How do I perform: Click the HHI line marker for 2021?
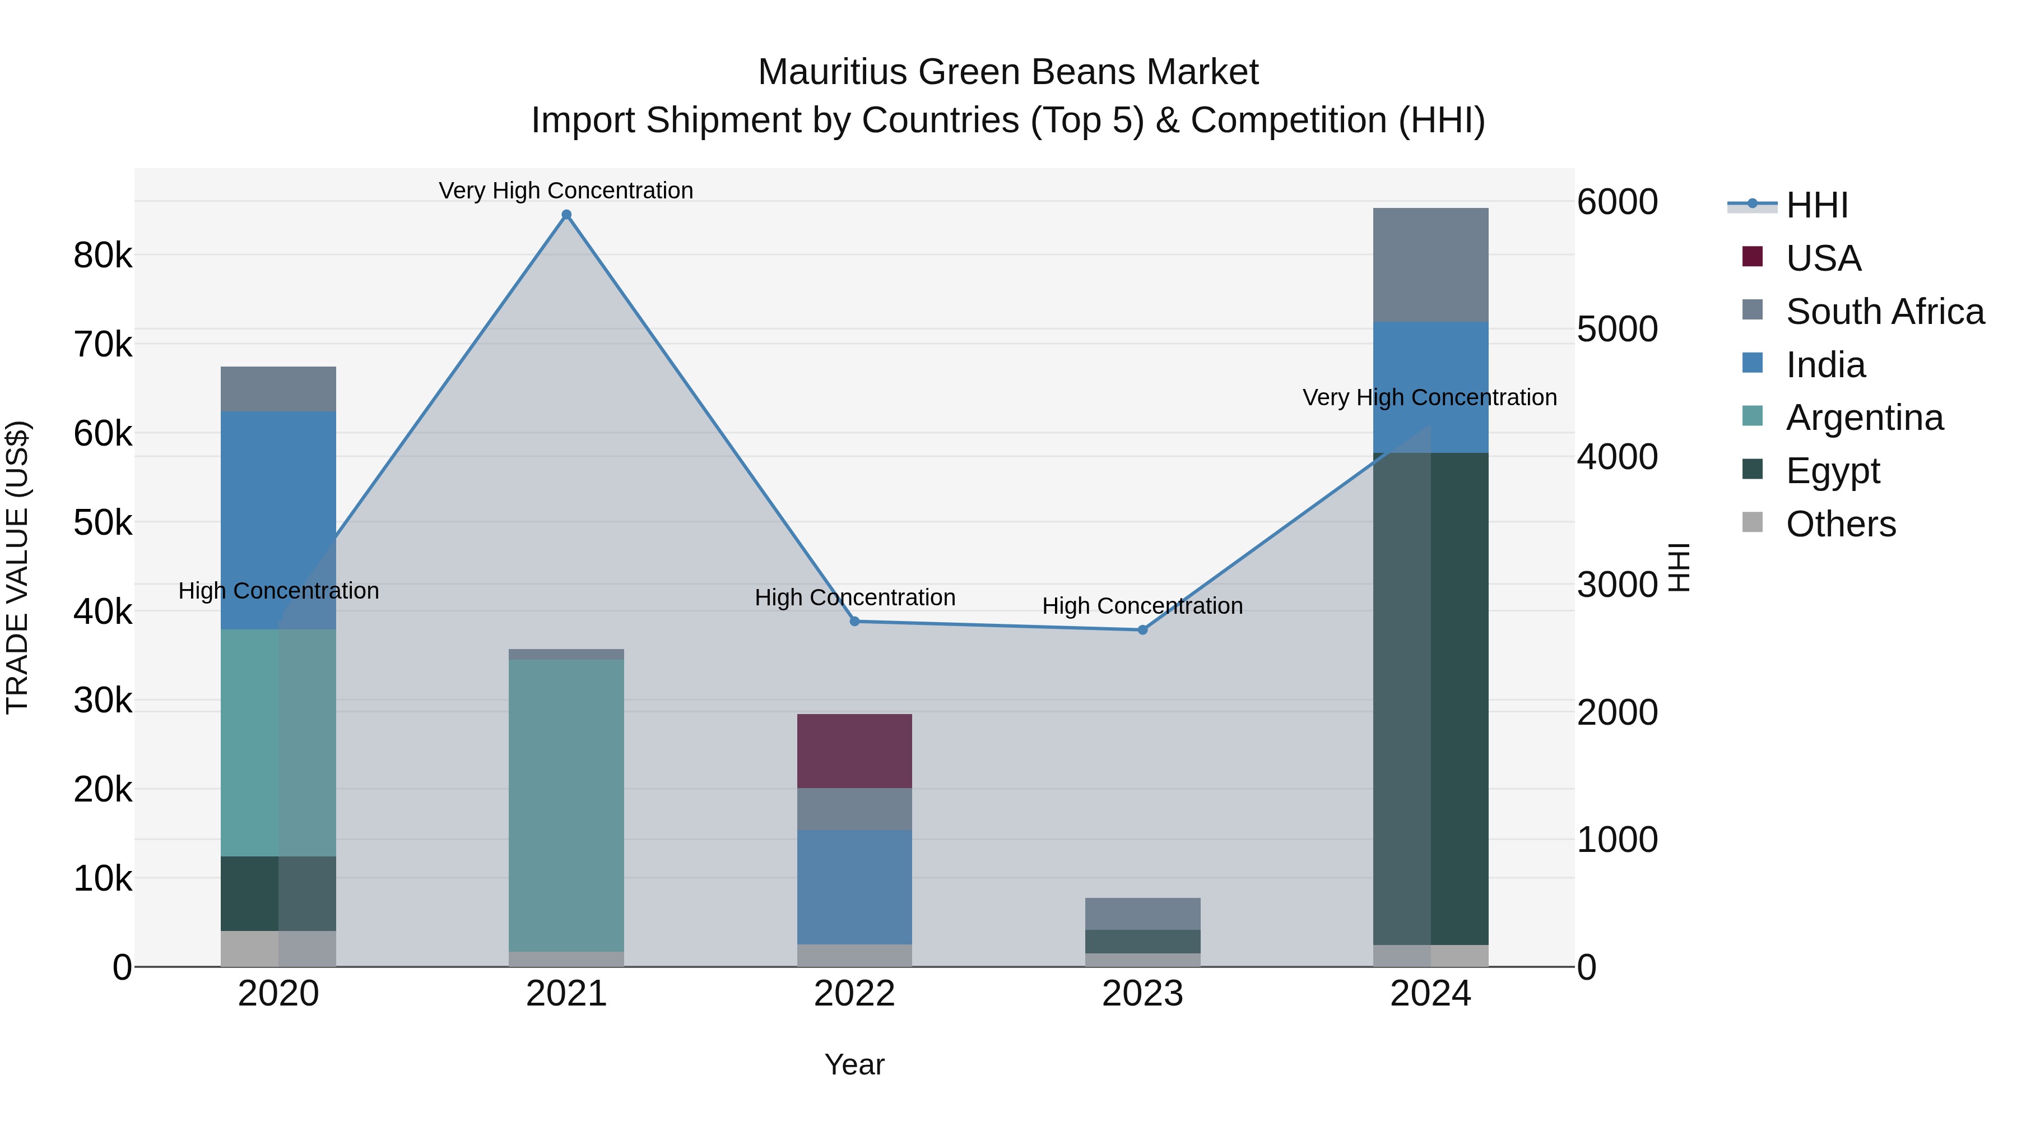pyautogui.click(x=566, y=215)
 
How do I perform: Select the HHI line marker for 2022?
pyautogui.click(x=854, y=621)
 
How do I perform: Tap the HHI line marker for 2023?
pyautogui.click(x=1142, y=630)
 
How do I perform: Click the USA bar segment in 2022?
pyautogui.click(x=854, y=751)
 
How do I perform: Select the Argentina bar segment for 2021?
pyautogui.click(x=566, y=805)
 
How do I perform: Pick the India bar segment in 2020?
pyautogui.click(x=278, y=520)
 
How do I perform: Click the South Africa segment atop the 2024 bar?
pyautogui.click(x=1430, y=265)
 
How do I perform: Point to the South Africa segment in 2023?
pyautogui.click(x=1142, y=914)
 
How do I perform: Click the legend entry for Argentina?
pyautogui.click(x=1863, y=418)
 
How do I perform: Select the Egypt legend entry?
pyautogui.click(x=1832, y=471)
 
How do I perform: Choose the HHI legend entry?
pyautogui.click(x=1816, y=205)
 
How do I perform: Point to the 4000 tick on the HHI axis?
pyautogui.click(x=1617, y=457)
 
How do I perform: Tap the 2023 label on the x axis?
pyautogui.click(x=1142, y=994)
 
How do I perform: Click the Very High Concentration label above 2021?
pyautogui.click(x=565, y=191)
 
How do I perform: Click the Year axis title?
pyautogui.click(x=854, y=1064)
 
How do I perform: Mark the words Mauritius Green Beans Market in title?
pyautogui.click(x=1008, y=72)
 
